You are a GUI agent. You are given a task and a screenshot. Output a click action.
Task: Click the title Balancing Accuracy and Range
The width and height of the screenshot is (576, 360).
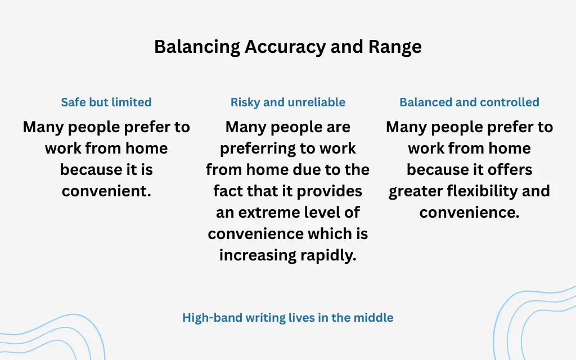coord(287,47)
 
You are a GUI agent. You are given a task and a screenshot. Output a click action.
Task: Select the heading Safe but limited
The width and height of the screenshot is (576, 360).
coord(106,102)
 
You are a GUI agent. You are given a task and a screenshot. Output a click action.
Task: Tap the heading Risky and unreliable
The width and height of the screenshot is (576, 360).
coord(287,102)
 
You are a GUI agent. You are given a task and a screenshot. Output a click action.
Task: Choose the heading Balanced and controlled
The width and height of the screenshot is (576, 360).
coord(469,102)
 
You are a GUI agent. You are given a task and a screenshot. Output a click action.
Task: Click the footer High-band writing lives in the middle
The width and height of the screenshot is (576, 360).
coord(287,318)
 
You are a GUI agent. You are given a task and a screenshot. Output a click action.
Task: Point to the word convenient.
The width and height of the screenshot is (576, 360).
coord(106,191)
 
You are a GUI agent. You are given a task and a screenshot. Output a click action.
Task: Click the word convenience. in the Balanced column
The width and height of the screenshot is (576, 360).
coord(469,213)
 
